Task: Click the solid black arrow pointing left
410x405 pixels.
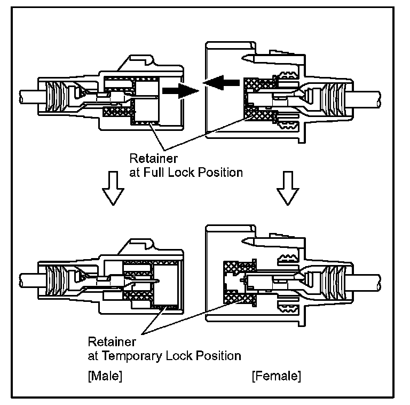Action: pos(220,83)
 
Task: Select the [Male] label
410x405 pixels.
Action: pos(105,376)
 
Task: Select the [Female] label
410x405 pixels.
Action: pos(276,376)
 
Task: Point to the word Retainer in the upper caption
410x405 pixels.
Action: pos(147,159)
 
